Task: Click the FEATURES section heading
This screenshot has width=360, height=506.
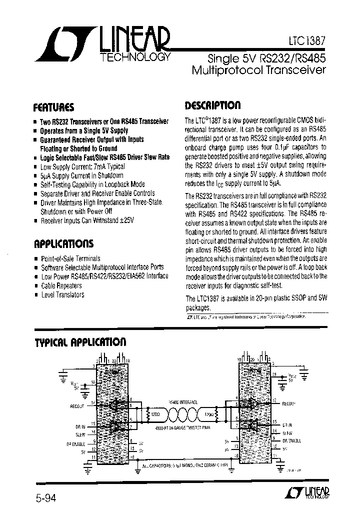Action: pyautogui.click(x=53, y=107)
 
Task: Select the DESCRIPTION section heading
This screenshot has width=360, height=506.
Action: pyautogui.click(x=212, y=105)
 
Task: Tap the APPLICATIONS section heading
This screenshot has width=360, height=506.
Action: pyautogui.click(x=63, y=244)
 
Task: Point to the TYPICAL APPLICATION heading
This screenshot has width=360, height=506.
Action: pyautogui.click(x=80, y=342)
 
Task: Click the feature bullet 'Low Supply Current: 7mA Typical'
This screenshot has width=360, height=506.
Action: pyautogui.click(x=82, y=166)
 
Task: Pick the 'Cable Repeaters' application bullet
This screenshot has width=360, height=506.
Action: pyautogui.click(x=61, y=285)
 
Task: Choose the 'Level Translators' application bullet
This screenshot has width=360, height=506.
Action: pyautogui.click(x=62, y=294)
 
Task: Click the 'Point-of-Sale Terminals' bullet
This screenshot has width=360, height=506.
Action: pyautogui.click(x=70, y=258)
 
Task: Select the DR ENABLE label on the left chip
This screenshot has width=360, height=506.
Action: pyautogui.click(x=75, y=443)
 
